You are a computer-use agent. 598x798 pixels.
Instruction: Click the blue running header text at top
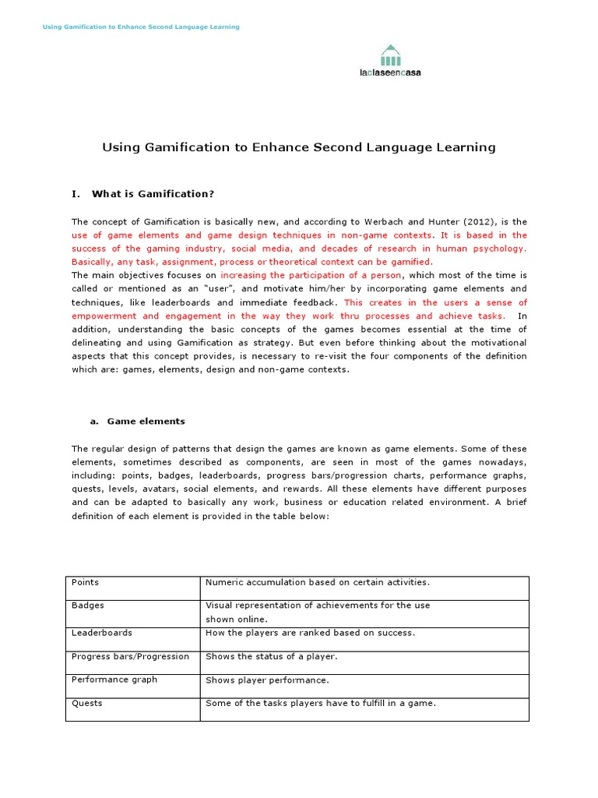(x=140, y=26)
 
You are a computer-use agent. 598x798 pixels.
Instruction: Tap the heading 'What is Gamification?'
(x=153, y=193)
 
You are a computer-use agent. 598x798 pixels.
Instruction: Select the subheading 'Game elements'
(x=146, y=421)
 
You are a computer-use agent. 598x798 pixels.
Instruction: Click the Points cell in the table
(x=86, y=582)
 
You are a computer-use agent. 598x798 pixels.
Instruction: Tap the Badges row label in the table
(x=88, y=606)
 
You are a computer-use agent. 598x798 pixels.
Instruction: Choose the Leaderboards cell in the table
(x=102, y=633)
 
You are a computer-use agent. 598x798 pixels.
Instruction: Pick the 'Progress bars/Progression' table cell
(x=130, y=656)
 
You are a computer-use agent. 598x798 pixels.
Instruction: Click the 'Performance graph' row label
(x=114, y=680)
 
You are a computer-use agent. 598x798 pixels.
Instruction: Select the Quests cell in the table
(x=87, y=703)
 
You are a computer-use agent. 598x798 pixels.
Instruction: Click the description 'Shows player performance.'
(x=267, y=680)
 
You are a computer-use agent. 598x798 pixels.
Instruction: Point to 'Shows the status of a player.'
(x=271, y=657)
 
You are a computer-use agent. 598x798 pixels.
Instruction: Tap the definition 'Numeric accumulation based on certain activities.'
(x=317, y=582)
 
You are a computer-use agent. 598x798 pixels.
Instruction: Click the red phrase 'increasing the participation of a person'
(x=311, y=275)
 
